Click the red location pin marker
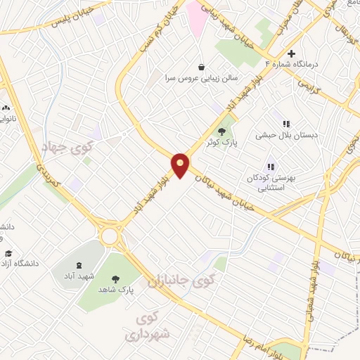pyautogui.click(x=181, y=164)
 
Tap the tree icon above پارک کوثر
pyautogui.click(x=222, y=131)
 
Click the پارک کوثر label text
pyautogui.click(x=222, y=143)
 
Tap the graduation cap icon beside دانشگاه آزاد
pyautogui.click(x=8, y=254)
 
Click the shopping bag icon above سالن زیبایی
pyautogui.click(x=202, y=67)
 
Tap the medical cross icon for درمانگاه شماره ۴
pyautogui.click(x=292, y=53)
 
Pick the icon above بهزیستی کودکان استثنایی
pyautogui.click(x=271, y=167)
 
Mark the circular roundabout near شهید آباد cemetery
pyautogui.click(x=109, y=236)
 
